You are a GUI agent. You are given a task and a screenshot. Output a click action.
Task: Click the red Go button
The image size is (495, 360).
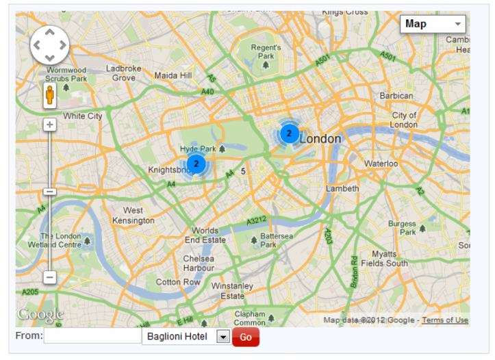coord(246,337)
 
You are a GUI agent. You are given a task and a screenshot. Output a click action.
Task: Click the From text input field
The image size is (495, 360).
coord(92,336)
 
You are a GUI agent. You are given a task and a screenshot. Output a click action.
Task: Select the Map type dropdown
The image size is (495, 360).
coord(433,24)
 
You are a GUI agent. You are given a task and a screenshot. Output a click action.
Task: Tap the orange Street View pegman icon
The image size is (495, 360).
coord(49,97)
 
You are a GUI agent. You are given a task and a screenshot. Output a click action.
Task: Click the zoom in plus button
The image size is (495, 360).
coord(49,125)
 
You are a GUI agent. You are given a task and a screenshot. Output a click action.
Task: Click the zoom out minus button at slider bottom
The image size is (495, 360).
coord(49,277)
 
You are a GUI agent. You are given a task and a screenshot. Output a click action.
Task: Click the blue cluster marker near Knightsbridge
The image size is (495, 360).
coord(196,164)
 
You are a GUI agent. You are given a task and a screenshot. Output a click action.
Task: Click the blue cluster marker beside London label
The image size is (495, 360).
coord(289,133)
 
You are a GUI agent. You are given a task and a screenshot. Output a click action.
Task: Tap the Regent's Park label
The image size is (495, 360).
coord(266,51)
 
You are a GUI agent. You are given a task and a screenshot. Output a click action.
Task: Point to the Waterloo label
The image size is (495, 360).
coord(381,164)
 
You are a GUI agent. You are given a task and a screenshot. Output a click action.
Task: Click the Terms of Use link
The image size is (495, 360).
coord(445,320)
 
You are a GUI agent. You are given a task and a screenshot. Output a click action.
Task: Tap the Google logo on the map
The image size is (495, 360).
coord(40,315)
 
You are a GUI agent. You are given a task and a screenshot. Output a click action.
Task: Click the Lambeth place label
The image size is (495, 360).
coord(342,188)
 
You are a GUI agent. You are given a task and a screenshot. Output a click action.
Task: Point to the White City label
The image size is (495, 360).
coord(83,116)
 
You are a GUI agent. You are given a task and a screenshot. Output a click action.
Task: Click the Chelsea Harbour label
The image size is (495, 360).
coord(199,263)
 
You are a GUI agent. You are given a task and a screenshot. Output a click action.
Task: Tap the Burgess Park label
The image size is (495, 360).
coord(402,228)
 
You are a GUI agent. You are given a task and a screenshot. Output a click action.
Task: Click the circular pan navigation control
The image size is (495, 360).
coord(49,45)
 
